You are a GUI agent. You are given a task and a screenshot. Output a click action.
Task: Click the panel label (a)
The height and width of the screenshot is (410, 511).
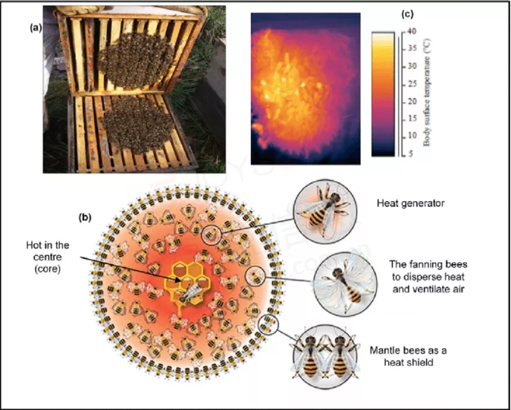click(36, 28)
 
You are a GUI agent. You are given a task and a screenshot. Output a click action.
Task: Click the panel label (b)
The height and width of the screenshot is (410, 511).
click(85, 218)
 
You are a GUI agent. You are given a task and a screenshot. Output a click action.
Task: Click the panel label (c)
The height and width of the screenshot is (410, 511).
click(407, 14)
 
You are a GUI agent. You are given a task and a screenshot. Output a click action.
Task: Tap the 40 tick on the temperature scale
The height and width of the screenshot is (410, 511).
click(411, 32)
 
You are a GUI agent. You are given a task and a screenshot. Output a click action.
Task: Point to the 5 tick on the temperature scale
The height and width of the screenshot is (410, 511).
click(410, 153)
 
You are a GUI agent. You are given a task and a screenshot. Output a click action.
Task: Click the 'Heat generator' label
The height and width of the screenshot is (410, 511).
click(411, 203)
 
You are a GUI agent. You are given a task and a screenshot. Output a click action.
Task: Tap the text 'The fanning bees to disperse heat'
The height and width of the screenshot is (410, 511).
click(428, 270)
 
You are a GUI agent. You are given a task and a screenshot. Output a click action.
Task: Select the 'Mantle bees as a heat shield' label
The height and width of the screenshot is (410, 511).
click(408, 356)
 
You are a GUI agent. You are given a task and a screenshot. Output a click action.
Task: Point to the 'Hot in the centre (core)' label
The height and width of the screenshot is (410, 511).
click(48, 257)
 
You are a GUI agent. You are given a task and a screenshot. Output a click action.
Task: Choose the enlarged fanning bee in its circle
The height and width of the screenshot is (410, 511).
click(346, 284)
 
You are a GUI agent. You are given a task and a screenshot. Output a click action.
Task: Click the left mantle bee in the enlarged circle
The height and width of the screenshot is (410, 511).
click(309, 357)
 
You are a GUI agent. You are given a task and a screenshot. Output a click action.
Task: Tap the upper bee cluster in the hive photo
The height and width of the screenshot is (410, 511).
click(136, 61)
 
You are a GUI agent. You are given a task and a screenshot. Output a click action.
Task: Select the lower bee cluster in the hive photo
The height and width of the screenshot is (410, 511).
click(137, 125)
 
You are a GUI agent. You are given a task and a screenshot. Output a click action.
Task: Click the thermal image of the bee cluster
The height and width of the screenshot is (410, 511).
click(306, 89)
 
